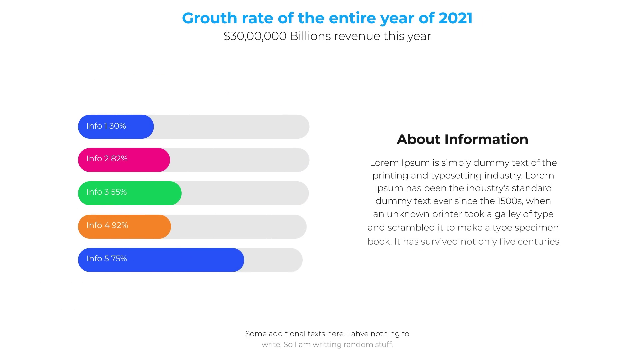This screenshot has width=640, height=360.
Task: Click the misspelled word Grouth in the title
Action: (209, 19)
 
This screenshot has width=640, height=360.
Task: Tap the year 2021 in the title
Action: (456, 18)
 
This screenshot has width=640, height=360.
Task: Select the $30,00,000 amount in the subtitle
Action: (255, 36)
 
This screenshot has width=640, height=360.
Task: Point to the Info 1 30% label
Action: (106, 126)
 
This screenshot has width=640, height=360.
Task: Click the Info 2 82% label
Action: (107, 159)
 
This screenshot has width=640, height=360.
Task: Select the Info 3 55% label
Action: (107, 192)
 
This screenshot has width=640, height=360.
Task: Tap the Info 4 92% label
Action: (107, 225)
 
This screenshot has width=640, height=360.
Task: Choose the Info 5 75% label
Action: (107, 259)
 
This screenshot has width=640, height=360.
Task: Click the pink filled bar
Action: (124, 160)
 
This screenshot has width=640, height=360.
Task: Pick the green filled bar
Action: (130, 193)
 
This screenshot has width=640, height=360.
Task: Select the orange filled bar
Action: (124, 227)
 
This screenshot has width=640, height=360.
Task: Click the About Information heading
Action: (463, 139)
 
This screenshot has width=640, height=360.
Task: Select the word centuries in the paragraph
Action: (538, 241)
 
